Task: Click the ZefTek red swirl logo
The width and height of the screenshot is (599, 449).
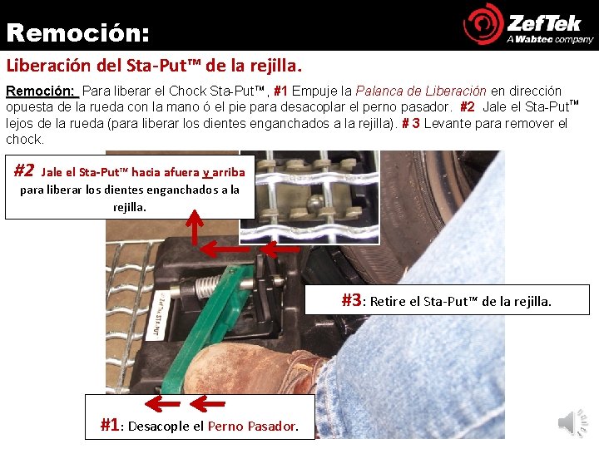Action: (483, 24)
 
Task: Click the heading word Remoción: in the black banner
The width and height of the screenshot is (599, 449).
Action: (77, 32)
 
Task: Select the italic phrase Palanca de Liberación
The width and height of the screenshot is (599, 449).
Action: (421, 91)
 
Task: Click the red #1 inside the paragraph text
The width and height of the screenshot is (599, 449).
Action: (281, 91)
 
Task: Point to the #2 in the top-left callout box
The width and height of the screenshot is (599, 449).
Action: (24, 170)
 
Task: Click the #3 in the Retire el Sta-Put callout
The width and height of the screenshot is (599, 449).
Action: (351, 300)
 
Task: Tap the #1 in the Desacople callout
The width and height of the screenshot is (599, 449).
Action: (110, 425)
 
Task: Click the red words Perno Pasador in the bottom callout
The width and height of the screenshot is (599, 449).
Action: (253, 426)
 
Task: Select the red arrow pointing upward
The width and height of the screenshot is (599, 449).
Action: (195, 227)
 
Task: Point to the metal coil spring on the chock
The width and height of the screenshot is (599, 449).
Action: (206, 287)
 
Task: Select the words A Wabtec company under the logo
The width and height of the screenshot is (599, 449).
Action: (550, 39)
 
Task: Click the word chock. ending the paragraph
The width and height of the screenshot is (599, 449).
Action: (25, 140)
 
